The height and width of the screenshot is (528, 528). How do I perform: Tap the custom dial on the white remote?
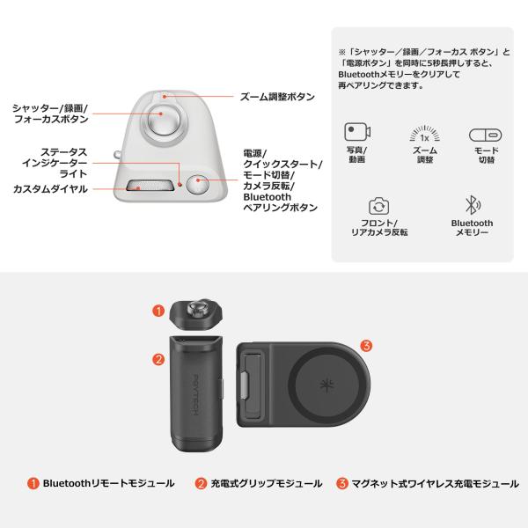(x=150, y=186)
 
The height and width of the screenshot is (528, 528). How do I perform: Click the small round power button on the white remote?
(x=197, y=185)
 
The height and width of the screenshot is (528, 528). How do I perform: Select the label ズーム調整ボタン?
(x=277, y=97)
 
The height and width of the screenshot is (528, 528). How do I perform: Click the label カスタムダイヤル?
(x=50, y=189)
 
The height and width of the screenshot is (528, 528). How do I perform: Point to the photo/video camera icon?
(x=357, y=132)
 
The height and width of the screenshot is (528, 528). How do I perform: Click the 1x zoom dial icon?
(x=425, y=134)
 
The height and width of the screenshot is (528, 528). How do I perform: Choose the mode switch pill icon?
(x=485, y=135)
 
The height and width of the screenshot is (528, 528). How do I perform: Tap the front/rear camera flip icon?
(x=378, y=206)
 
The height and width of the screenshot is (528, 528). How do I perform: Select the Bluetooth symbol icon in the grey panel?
(x=472, y=205)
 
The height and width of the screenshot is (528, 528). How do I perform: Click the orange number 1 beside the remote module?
(x=158, y=311)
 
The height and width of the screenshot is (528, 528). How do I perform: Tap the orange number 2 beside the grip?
(x=158, y=360)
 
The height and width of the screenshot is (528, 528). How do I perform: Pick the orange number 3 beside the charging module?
(x=366, y=346)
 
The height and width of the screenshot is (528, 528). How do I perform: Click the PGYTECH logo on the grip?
(x=195, y=394)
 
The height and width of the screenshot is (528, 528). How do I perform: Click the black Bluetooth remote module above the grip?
(x=195, y=315)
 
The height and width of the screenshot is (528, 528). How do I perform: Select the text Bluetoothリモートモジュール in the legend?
(x=109, y=483)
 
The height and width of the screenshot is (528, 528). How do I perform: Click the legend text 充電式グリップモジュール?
(x=267, y=484)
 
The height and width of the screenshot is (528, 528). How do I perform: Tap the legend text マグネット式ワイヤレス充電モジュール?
(x=435, y=484)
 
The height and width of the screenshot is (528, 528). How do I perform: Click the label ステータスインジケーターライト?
(x=55, y=163)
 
